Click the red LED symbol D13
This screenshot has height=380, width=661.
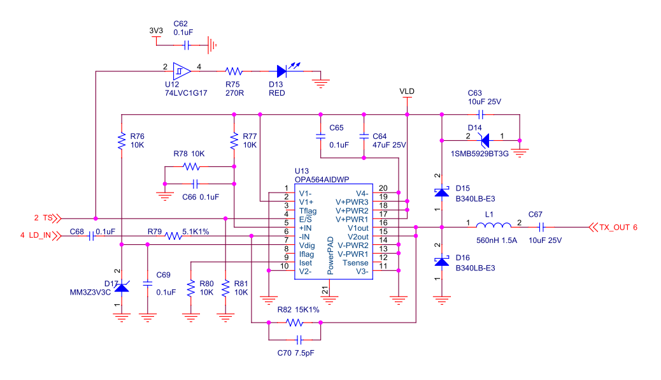point(282,71)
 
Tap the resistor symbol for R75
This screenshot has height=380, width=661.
point(234,71)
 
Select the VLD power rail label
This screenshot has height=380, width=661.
point(407,92)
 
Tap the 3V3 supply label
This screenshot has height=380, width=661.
point(155,31)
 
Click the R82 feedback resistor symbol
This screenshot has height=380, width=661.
point(294,323)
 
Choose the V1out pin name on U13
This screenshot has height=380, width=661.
point(357,227)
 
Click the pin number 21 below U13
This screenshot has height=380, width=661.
point(326,291)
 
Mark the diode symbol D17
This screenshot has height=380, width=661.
point(121,288)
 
